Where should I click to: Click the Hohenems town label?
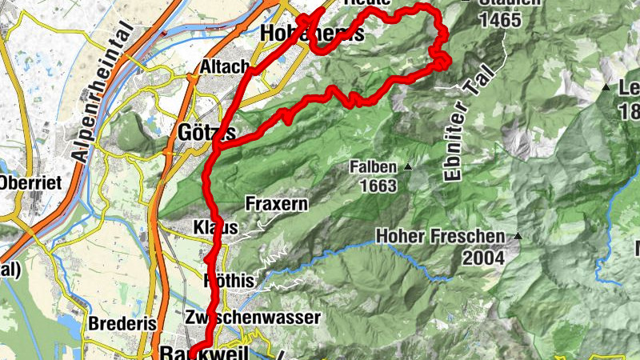(x=312, y=34)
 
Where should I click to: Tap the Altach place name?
(x=224, y=67)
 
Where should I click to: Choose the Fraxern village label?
(x=276, y=204)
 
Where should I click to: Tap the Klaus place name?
(x=216, y=228)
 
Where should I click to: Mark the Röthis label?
(x=229, y=281)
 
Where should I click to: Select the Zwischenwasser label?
(x=252, y=317)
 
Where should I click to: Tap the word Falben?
(x=373, y=167)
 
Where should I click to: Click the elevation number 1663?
(x=378, y=185)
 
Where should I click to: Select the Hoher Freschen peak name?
(x=440, y=237)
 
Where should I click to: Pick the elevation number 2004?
(x=482, y=257)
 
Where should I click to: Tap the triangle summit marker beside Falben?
(x=408, y=167)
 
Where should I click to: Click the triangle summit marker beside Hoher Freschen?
(x=518, y=236)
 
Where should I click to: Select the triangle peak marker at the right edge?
(x=606, y=87)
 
